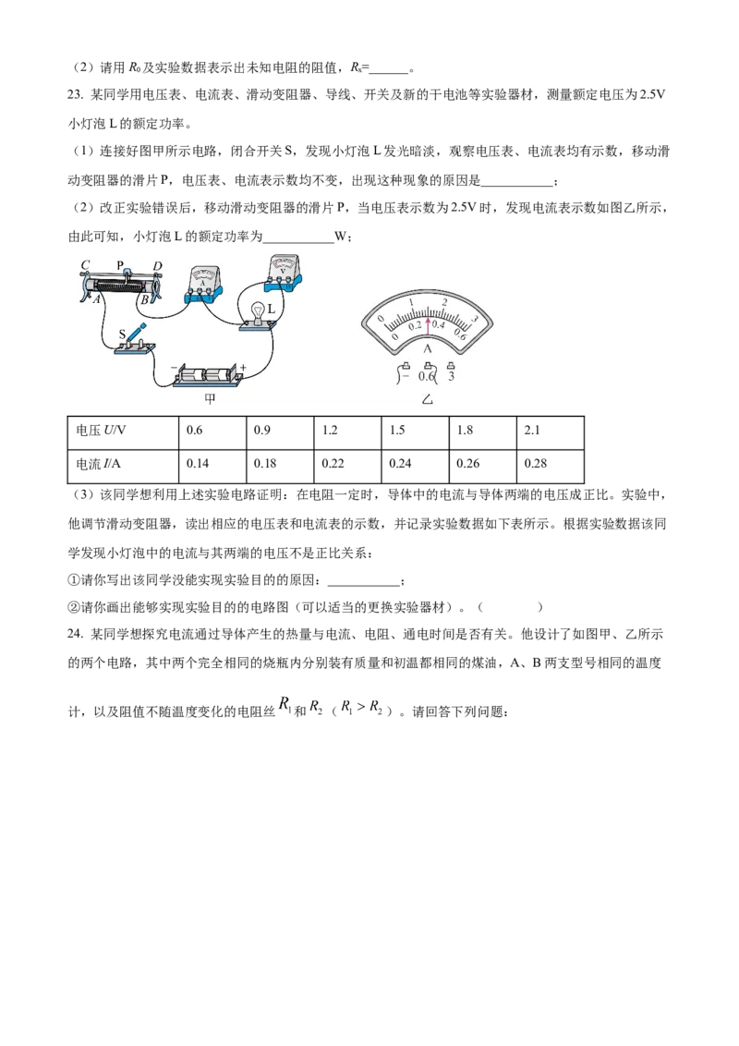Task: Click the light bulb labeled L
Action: (257, 310)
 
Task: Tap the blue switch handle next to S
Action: (137, 331)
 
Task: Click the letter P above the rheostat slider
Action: (120, 265)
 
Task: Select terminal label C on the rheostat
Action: (85, 266)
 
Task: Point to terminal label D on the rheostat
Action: (158, 267)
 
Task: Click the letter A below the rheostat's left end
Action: (95, 299)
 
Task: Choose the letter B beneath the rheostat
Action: (144, 299)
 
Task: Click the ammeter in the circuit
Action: (202, 282)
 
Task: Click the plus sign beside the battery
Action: (244, 367)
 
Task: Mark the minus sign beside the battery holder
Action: (174, 367)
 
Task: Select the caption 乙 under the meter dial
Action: (427, 399)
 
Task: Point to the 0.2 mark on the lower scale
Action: (414, 325)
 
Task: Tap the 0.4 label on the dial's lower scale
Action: (439, 325)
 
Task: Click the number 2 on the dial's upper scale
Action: (445, 302)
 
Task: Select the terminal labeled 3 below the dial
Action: (451, 376)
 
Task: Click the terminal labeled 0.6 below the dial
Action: (427, 376)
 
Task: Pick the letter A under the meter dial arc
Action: (428, 348)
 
